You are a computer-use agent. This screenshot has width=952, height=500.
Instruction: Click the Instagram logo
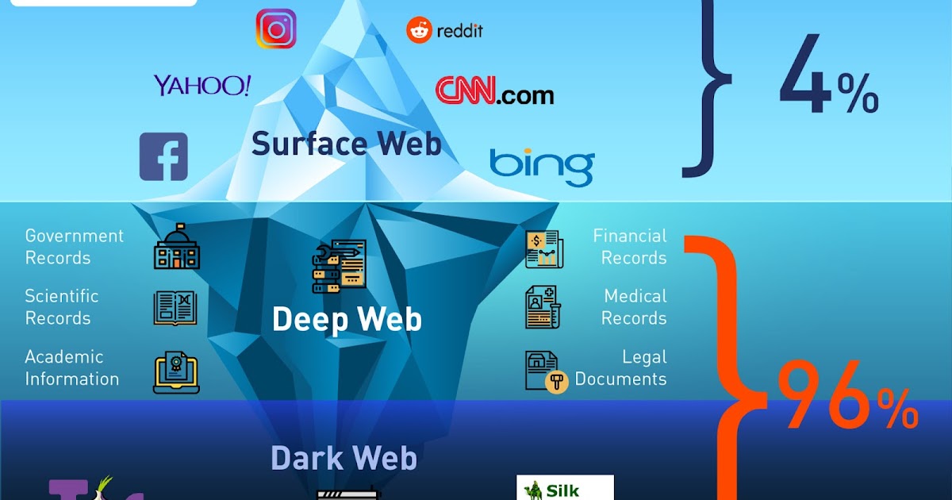275,29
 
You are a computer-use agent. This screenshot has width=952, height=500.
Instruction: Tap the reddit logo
444,31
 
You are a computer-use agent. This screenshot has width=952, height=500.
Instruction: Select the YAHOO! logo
202,86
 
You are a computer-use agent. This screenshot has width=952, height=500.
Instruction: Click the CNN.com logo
494,91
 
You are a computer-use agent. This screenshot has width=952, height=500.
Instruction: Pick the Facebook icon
163,156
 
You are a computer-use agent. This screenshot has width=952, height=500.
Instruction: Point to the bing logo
541,166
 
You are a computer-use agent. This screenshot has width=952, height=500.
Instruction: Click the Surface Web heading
346,144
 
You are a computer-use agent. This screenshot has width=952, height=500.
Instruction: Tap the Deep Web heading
347,319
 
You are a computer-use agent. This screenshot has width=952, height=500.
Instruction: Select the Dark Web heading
344,458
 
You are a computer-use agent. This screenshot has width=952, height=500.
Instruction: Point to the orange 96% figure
846,396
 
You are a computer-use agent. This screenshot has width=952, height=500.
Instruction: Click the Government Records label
74,247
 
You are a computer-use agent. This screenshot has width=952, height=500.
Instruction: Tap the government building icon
176,247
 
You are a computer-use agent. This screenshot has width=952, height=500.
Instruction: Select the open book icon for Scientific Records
175,308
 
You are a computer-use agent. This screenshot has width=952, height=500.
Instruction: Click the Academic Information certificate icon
176,372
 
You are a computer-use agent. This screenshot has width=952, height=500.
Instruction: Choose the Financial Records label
630,247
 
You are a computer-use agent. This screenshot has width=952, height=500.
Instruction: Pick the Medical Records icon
543,308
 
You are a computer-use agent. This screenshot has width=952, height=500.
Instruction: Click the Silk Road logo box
566,487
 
